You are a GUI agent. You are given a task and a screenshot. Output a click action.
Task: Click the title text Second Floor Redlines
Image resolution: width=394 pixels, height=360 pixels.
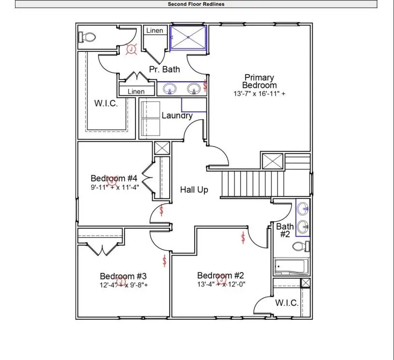click(196, 4)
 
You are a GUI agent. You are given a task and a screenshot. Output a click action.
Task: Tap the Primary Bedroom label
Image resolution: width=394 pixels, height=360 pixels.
click(259, 81)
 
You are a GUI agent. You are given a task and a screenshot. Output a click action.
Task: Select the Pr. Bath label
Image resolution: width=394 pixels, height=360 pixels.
click(164, 69)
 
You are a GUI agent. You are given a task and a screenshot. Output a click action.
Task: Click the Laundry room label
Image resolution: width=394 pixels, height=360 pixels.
click(177, 116)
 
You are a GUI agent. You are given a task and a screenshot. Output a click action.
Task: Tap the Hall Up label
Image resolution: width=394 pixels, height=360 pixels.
click(194, 190)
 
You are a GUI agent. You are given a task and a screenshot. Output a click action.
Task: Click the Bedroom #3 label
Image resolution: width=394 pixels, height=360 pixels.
click(123, 276)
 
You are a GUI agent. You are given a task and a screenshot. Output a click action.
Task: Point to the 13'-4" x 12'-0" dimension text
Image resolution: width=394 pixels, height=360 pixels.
click(221, 285)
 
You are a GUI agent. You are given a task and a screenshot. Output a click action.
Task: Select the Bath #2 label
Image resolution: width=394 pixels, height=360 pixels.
click(285, 230)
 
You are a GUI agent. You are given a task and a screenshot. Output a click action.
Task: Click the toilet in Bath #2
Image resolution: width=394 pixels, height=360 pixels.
click(299, 247)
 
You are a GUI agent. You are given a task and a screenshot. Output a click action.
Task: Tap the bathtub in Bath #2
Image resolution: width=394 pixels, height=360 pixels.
click(290, 267)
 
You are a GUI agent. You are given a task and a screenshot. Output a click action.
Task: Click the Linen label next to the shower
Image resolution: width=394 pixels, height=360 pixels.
click(155, 30)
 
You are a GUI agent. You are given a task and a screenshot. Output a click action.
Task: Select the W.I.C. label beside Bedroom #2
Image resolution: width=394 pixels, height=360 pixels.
click(287, 303)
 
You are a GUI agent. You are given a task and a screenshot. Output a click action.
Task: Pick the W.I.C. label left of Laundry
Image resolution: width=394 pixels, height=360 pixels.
click(106, 104)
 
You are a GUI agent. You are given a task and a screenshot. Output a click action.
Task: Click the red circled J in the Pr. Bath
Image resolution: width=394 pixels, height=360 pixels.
click(131, 48)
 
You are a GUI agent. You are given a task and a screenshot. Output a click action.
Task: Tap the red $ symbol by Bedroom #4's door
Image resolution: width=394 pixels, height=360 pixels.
click(161, 210)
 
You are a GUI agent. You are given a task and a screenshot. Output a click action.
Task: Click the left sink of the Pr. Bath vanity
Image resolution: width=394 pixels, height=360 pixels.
click(170, 89)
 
